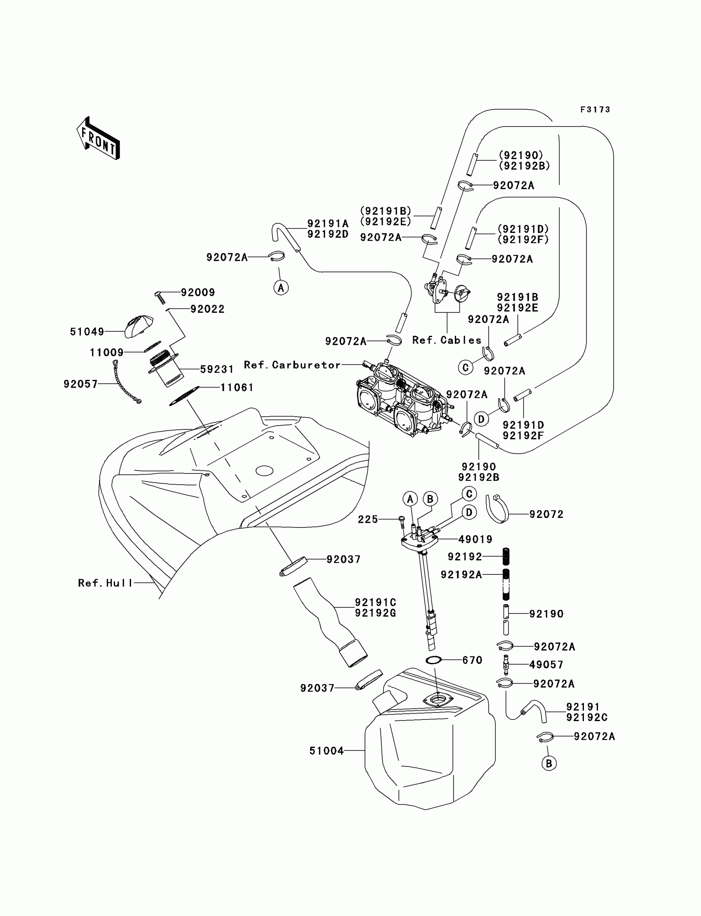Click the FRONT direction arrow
tap(98, 139)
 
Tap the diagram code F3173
tap(595, 110)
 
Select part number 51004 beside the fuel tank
tap(326, 751)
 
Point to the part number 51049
tap(87, 332)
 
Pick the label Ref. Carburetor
tap(292, 365)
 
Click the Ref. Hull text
tap(105, 583)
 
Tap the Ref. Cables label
tap(447, 340)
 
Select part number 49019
tap(475, 539)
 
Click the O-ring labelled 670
tap(434, 660)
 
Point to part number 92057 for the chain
tap(80, 384)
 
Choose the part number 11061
tap(237, 388)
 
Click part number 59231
tap(216, 369)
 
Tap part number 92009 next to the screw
tap(198, 293)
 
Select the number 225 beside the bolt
tap(367, 520)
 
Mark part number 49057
tap(546, 665)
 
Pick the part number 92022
tap(207, 309)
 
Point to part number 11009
tap(106, 353)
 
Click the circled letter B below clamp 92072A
tap(549, 764)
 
